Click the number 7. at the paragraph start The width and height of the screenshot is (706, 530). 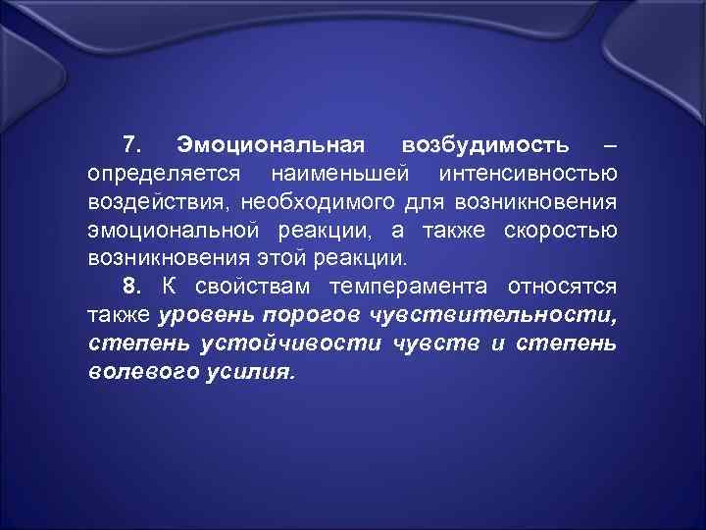(136, 146)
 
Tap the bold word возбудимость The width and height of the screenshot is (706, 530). (484, 146)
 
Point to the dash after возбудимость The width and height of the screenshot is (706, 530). (611, 146)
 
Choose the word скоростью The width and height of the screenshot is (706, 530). (560, 231)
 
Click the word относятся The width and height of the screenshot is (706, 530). (562, 287)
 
